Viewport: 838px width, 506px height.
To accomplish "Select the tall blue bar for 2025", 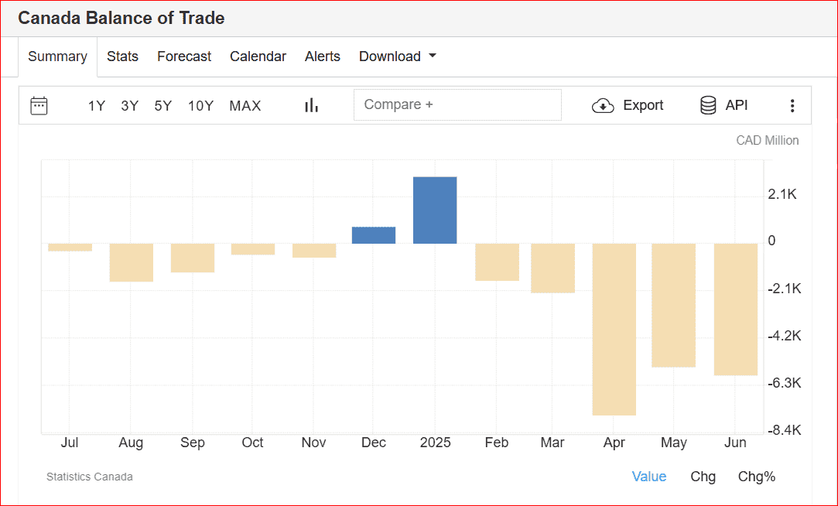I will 435,210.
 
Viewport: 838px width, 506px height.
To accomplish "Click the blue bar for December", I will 374,235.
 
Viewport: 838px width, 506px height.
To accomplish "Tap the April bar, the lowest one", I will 614,330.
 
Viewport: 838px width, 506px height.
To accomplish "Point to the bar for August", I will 131,262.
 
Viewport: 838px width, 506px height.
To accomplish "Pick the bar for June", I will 735,309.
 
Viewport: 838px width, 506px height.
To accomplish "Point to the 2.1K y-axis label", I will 782,194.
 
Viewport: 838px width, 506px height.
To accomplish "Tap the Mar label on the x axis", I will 552,443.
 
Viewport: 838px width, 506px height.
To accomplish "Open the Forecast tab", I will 184,56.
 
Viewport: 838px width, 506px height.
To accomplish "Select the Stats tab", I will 122,56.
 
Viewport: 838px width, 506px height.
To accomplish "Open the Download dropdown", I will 398,56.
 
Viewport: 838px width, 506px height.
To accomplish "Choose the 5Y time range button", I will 162,106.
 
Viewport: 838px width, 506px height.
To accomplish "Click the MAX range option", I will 245,106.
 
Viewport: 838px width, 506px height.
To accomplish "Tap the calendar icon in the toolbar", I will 39,105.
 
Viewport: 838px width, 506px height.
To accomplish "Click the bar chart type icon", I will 311,105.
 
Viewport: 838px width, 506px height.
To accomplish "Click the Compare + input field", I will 457,105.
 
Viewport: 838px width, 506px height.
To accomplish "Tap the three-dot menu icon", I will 792,106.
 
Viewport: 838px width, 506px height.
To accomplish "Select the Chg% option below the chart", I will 756,477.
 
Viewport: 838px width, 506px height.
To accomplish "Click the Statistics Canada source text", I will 90,477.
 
